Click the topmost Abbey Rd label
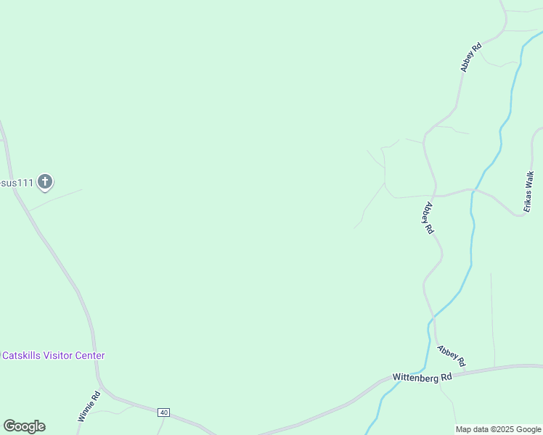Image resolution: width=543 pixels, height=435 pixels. pyautogui.click(x=471, y=58)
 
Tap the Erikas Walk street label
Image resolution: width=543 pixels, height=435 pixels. pyautogui.click(x=530, y=190)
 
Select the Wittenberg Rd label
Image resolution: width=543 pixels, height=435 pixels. pyautogui.click(x=422, y=378)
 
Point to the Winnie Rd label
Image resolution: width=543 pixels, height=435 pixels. pyautogui.click(x=89, y=407)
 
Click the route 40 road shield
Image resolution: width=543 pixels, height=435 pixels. pyautogui.click(x=163, y=413)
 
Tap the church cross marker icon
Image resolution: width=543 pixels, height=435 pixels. pyautogui.click(x=45, y=181)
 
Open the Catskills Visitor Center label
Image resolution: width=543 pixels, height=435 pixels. pyautogui.click(x=54, y=356)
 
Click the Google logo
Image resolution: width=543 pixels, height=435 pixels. pyautogui.click(x=24, y=426)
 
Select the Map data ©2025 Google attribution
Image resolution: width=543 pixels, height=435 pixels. pyautogui.click(x=499, y=429)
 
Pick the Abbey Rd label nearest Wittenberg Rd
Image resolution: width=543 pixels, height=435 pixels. pyautogui.click(x=451, y=355)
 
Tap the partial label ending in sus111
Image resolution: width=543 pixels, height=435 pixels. pyautogui.click(x=17, y=183)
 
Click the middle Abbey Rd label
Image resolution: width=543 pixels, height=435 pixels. pyautogui.click(x=428, y=217)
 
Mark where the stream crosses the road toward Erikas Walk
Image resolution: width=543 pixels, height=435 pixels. pyautogui.click(x=473, y=191)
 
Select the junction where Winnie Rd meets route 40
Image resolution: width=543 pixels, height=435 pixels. pyautogui.click(x=102, y=391)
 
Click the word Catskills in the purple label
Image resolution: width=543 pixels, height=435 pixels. pyautogui.click(x=23, y=356)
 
